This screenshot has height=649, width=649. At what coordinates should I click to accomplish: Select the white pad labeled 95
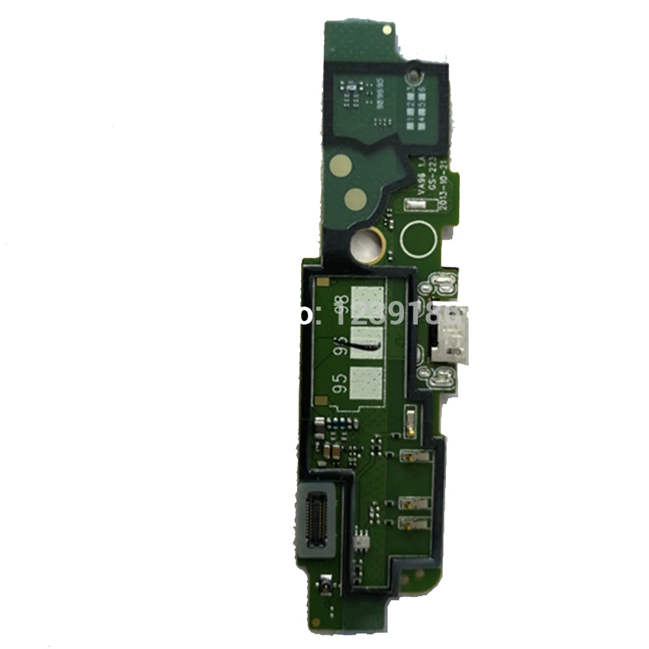[x=367, y=383]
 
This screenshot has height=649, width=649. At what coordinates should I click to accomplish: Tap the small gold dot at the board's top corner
[x=387, y=29]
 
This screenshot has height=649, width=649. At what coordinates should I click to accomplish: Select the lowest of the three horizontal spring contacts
[x=415, y=521]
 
